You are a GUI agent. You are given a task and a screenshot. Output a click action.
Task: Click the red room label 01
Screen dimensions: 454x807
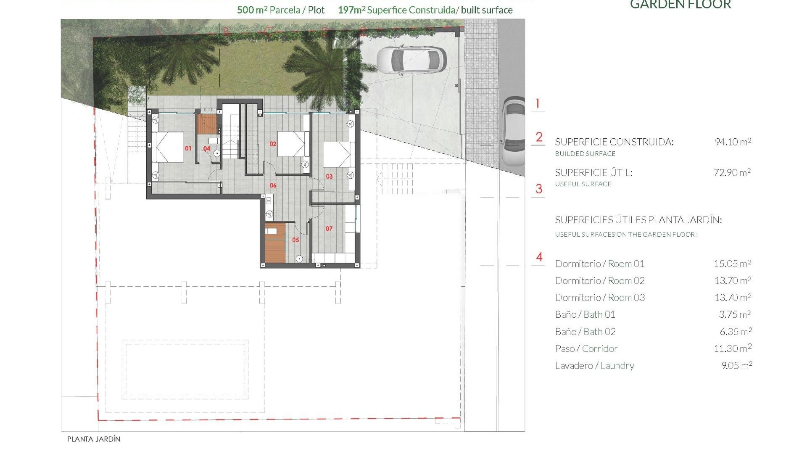point(188,148)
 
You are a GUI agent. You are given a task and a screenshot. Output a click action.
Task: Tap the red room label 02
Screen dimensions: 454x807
point(273,144)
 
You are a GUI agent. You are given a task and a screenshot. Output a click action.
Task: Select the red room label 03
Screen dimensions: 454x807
point(329,177)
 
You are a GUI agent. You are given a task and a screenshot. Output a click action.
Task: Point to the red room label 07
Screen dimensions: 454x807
point(329,229)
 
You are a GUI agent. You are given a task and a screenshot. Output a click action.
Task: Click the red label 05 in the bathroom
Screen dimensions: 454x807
point(295,240)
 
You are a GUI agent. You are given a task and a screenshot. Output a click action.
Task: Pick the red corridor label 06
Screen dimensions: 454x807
point(273,185)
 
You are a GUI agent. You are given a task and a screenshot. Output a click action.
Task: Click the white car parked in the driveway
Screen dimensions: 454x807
point(411,60)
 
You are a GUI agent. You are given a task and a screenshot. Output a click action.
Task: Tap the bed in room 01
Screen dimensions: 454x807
point(168,147)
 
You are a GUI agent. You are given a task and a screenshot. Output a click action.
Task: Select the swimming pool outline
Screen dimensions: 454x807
point(185,370)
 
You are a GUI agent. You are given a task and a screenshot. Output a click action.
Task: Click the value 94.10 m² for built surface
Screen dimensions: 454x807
point(733,142)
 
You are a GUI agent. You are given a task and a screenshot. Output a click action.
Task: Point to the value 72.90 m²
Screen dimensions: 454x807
point(732,172)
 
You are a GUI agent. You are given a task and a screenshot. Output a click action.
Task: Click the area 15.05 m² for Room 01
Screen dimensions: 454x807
point(732,264)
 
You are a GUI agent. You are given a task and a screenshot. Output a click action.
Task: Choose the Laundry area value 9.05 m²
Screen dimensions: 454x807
point(736,366)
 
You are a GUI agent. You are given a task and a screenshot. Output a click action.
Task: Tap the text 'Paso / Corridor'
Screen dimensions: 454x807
point(586,348)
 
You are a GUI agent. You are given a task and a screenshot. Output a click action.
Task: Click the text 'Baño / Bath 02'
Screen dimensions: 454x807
point(585,332)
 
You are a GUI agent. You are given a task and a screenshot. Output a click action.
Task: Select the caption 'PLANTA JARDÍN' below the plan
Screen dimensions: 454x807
point(94,439)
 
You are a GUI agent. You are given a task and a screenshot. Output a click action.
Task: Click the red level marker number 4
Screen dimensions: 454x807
point(539,257)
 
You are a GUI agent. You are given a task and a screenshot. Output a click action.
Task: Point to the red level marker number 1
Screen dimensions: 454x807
point(537,103)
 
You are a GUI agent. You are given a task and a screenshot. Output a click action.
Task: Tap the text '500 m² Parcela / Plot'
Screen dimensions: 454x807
point(280,10)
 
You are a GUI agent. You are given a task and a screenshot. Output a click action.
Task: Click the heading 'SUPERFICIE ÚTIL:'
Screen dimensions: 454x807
point(593,173)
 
